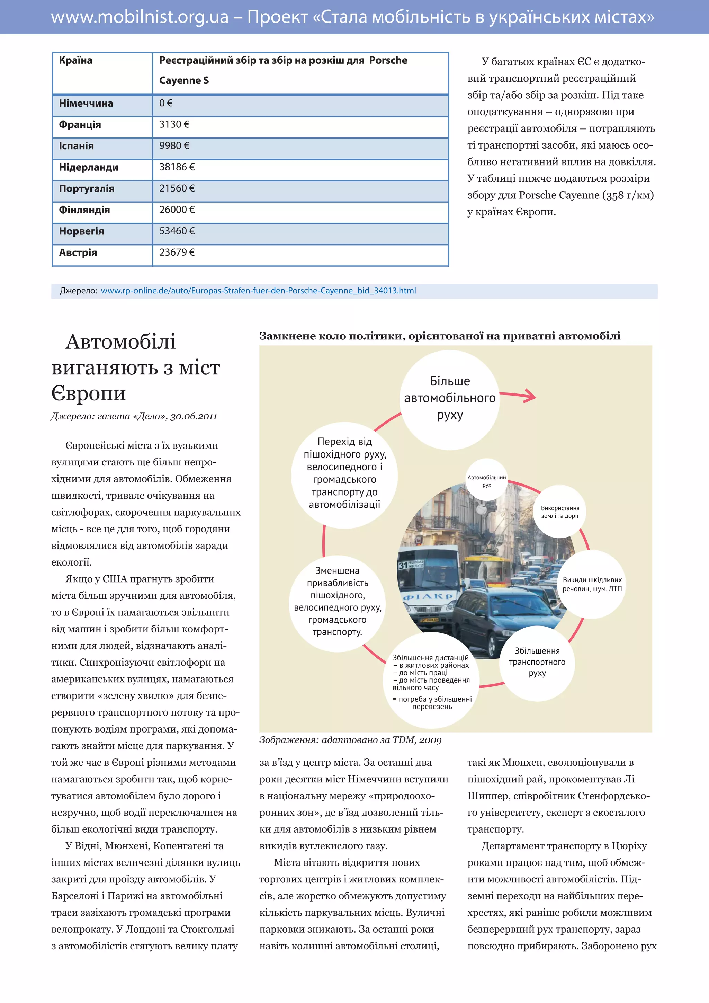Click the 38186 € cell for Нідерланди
click(177, 167)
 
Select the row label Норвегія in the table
click(81, 232)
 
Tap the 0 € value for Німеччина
click(166, 104)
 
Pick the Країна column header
click(75, 61)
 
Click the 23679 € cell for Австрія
click(177, 252)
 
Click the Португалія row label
click(87, 189)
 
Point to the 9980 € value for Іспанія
click(174, 146)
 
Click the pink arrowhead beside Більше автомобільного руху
click(530, 396)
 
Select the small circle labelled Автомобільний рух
click(486, 480)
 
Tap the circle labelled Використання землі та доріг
click(560, 512)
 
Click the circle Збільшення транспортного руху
click(537, 662)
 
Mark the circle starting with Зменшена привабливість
click(338, 601)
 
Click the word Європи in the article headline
click(89, 393)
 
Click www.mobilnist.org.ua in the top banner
click(140, 17)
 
